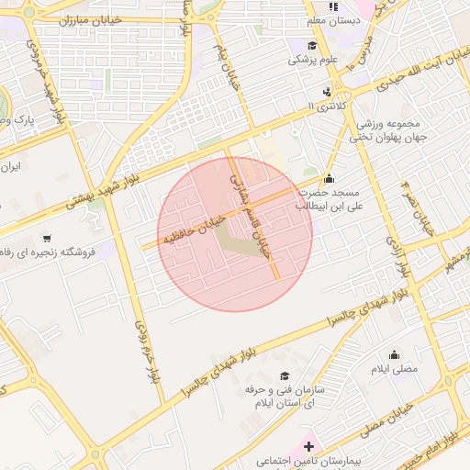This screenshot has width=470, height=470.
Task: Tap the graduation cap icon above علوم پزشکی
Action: [x=312, y=45]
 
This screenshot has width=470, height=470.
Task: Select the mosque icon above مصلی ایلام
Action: [x=395, y=354]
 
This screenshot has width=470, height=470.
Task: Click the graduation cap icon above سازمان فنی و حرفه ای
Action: [x=285, y=375]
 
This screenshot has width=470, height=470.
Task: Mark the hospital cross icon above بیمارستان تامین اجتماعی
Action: [x=308, y=445]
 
